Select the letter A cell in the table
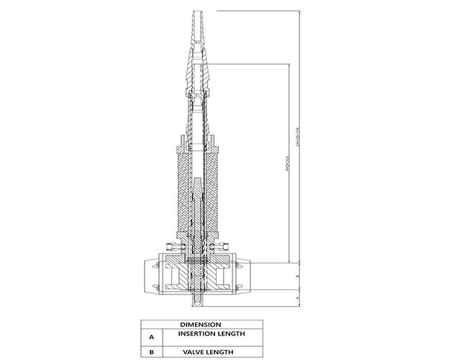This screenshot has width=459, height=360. pos(152,336)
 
